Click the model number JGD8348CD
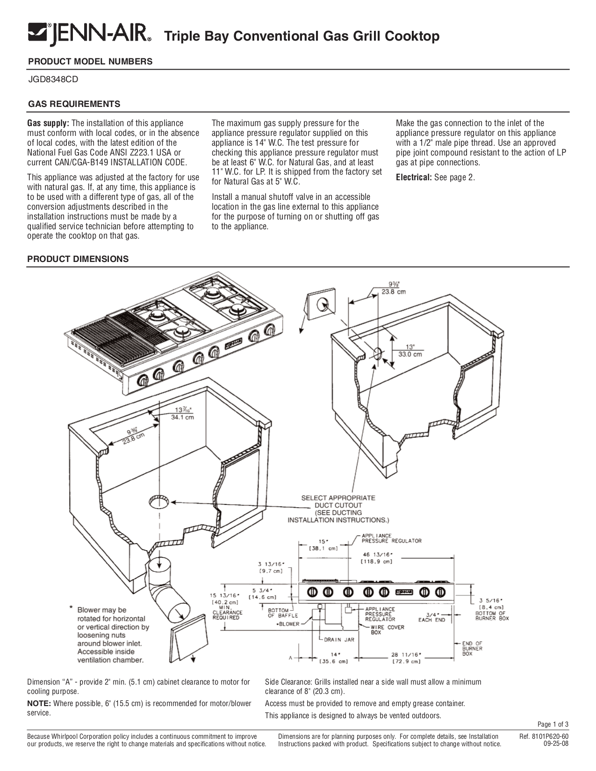(x=53, y=79)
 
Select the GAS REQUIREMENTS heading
(x=75, y=104)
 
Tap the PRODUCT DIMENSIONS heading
(x=78, y=259)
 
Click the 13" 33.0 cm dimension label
(x=409, y=350)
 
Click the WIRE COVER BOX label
(x=387, y=630)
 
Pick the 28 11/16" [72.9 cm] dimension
(x=406, y=658)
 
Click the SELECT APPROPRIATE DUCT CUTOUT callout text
(x=338, y=509)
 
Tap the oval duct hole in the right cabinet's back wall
(x=377, y=353)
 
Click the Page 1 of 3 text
(x=553, y=724)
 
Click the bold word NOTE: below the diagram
(x=39, y=704)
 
